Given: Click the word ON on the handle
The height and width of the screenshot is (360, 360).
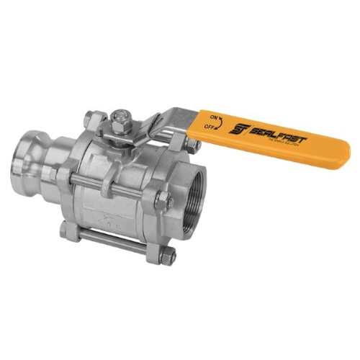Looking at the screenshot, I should (212, 115).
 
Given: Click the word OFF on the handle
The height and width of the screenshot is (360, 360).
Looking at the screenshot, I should (212, 127).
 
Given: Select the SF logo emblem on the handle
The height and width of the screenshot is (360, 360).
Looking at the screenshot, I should (238, 129).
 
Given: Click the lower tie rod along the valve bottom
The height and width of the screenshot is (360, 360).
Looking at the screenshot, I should (115, 240).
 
